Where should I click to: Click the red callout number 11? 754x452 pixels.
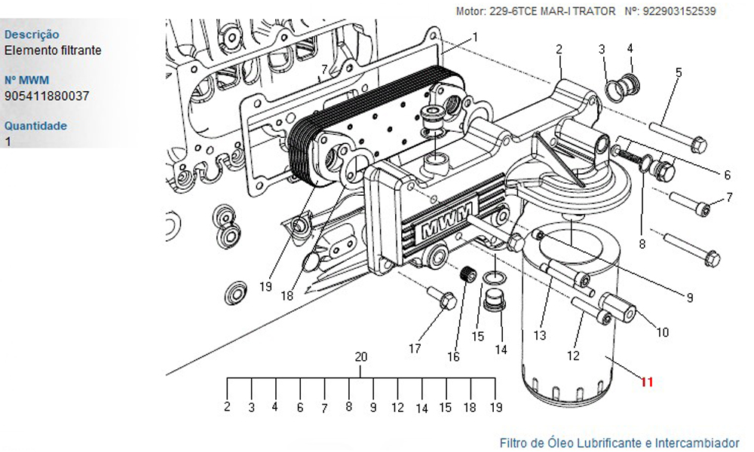pyautogui.click(x=646, y=382)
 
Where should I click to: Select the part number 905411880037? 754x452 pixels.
pyautogui.click(x=47, y=96)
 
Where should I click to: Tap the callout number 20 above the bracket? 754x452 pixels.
pyautogui.click(x=361, y=357)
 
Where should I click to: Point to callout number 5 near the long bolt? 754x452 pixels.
pyautogui.click(x=679, y=73)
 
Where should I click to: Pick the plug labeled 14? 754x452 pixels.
pyautogui.click(x=495, y=299)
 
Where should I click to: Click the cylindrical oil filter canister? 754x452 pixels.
pyautogui.click(x=569, y=316)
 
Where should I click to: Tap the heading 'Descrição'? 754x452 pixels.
pyautogui.click(x=32, y=35)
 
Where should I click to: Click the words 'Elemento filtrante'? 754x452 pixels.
pyautogui.click(x=53, y=50)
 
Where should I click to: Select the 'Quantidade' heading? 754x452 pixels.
pyautogui.click(x=35, y=126)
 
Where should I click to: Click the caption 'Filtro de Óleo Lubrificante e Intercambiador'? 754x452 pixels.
pyautogui.click(x=619, y=443)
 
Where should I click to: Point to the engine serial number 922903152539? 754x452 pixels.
pyautogui.click(x=680, y=11)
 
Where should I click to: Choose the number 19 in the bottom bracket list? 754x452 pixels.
pyautogui.click(x=495, y=408)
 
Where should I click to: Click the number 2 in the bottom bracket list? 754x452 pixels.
pyautogui.click(x=227, y=408)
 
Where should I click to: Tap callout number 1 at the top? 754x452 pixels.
pyautogui.click(x=476, y=37)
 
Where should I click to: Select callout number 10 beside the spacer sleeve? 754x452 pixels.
pyautogui.click(x=663, y=331)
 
